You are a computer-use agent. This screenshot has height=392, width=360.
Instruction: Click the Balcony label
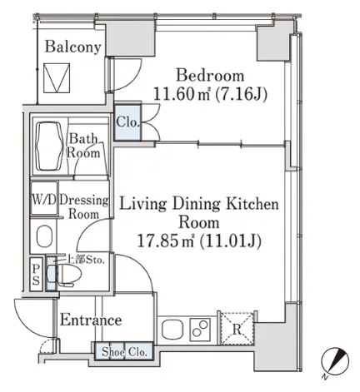click(72, 47)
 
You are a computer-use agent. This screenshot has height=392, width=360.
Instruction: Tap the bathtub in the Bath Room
click(49, 146)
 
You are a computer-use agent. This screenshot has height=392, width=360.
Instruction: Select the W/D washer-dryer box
click(44, 198)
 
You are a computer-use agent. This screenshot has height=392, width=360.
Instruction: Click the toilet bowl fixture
click(66, 275)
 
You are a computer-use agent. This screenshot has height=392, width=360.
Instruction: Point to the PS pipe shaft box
click(36, 275)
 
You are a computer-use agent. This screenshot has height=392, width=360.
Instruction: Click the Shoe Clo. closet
click(123, 352)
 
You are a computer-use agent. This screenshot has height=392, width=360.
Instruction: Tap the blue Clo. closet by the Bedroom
click(127, 122)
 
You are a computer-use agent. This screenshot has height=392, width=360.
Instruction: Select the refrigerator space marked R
click(237, 329)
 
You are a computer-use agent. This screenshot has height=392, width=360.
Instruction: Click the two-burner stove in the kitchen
click(200, 329)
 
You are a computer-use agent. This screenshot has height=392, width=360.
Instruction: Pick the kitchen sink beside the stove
click(172, 330)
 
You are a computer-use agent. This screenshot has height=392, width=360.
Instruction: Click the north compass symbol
click(335, 362)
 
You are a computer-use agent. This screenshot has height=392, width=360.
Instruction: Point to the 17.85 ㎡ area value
click(166, 241)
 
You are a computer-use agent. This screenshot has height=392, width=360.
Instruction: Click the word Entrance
click(91, 320)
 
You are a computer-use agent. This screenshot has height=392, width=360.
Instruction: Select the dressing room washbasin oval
click(44, 236)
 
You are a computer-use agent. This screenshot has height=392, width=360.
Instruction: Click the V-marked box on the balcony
click(57, 78)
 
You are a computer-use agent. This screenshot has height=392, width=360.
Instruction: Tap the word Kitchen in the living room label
click(252, 204)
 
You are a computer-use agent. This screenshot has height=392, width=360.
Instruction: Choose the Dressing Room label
click(84, 207)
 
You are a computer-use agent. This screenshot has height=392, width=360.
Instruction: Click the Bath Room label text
click(83, 146)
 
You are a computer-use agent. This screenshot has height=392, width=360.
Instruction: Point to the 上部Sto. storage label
click(86, 260)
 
